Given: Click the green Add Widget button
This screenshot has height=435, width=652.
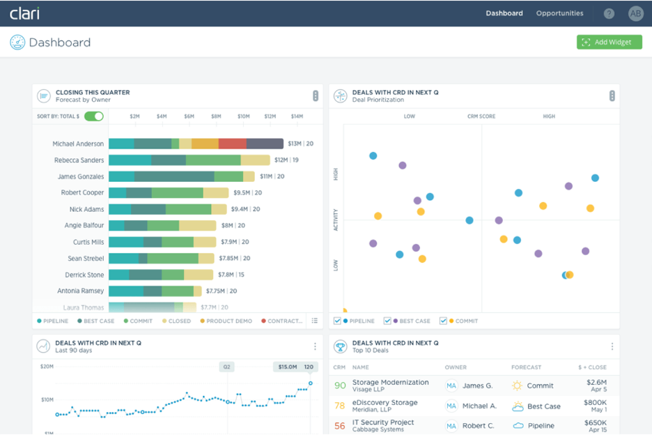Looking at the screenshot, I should pos(609,43).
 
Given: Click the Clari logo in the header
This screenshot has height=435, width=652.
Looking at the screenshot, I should pos(24,13).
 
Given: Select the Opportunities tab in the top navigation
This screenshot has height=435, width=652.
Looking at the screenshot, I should pos(559,13).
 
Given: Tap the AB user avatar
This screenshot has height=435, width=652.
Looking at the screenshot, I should pos(635,13).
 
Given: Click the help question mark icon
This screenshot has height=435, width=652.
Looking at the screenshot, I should pos(609,13).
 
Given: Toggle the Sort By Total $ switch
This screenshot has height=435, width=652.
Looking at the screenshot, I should pos(94,116).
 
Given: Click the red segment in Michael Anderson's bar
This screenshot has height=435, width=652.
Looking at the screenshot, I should pos(232,144).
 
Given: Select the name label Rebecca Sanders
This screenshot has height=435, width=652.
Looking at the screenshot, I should pos(79,160).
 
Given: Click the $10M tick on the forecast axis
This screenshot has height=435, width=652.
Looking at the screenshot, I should pos(243,116).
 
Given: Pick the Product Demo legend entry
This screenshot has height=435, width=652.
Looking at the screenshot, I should pos(229,321).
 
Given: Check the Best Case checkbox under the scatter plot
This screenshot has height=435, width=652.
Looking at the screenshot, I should pos(387,321).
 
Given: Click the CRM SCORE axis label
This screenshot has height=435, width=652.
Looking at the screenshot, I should pos(481,116).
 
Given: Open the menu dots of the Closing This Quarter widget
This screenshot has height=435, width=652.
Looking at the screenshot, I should pos(316,96).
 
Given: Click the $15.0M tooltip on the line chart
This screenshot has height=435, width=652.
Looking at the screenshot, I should pos(288,367).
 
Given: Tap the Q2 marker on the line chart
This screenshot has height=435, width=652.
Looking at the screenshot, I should pos(226,367).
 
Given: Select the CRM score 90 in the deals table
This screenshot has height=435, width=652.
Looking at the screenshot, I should pos(340,386).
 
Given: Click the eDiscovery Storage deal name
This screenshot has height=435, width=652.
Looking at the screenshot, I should pos(385,402).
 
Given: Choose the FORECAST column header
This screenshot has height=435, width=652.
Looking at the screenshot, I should pos(527,367).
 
